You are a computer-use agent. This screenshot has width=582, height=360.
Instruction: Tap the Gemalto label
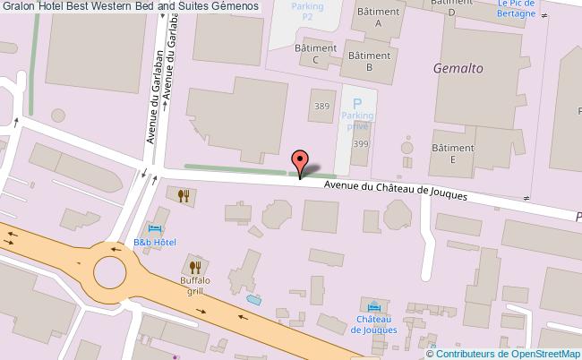pos(458,66)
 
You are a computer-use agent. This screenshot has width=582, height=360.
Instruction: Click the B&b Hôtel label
pos(155,243)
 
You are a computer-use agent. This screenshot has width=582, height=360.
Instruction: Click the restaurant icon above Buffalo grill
pos(195,266)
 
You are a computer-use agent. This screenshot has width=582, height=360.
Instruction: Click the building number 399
pos(361,144)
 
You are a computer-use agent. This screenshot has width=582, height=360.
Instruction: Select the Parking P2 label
pos(306,11)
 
